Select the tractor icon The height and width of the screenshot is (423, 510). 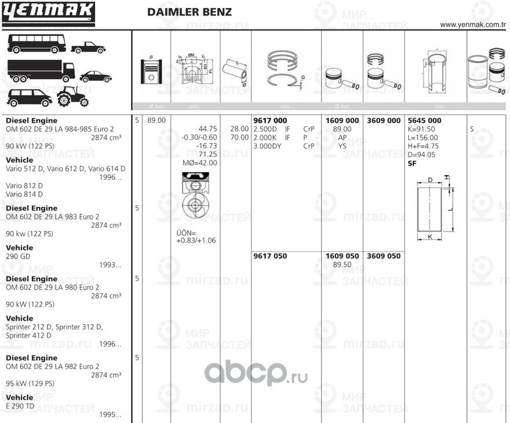pos(72,96)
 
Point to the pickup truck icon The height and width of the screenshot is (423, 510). pos(88,47)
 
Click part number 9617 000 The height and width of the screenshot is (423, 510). pos(270,121)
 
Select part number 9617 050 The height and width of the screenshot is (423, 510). pos(270,256)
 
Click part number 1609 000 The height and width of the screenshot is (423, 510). pos(342,121)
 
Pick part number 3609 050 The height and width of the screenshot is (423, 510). pos(384,256)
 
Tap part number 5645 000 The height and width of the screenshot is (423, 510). pos(425,121)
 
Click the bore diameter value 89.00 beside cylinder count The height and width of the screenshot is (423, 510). pos(156,121)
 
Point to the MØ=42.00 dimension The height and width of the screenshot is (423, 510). pos(200,163)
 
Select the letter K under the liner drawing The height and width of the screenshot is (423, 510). pos(429,237)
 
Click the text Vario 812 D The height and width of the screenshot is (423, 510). pos(24,185)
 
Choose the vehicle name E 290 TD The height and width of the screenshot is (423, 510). pos(21,406)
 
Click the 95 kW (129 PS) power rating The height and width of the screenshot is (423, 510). pos(30,384)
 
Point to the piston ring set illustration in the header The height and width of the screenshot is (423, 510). pos(285,67)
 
